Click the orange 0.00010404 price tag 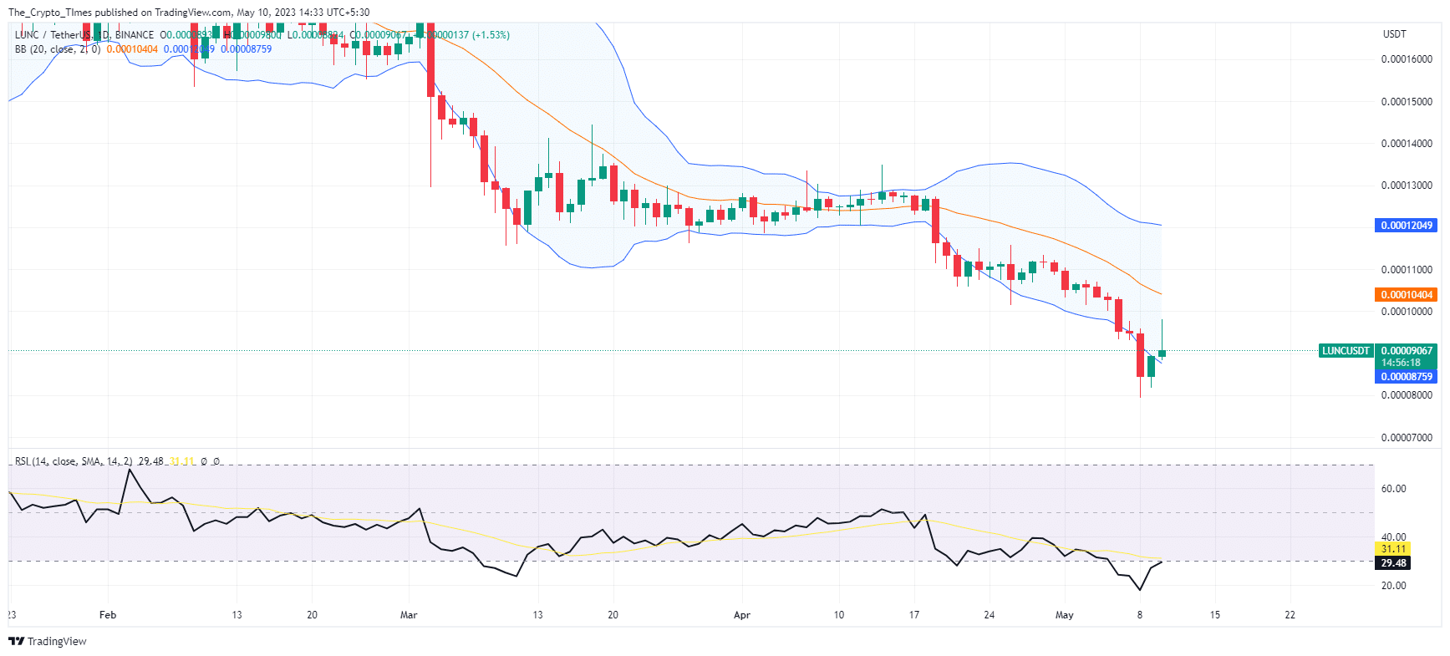point(1406,295)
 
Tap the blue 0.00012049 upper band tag point(1406,226)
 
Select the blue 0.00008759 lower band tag point(1406,377)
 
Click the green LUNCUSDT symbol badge point(1345,351)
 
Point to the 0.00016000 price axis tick point(1406,59)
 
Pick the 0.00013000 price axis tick point(1406,186)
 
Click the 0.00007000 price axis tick point(1406,438)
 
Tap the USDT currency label point(1394,34)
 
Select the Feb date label point(108,615)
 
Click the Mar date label point(409,615)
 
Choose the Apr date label point(742,615)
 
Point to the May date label point(1064,615)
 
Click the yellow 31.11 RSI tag point(1393,549)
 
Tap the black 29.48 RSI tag point(1393,563)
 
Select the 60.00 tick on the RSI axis point(1393,489)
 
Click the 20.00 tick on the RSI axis point(1393,586)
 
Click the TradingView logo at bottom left point(48,641)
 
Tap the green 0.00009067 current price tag point(1406,351)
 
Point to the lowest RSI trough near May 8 point(1140,590)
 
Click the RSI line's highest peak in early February point(130,470)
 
